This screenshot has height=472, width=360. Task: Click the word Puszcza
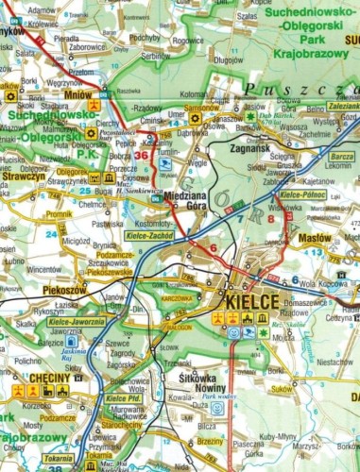(274, 89)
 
